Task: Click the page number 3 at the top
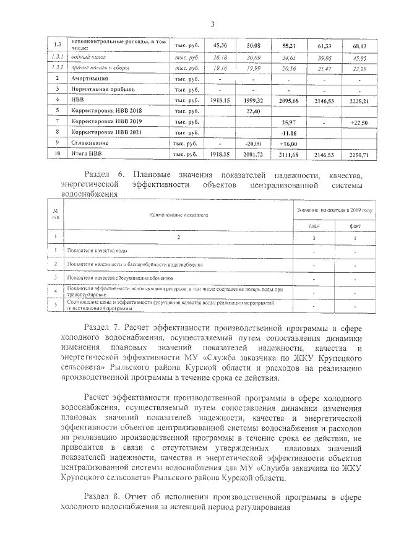click(212, 24)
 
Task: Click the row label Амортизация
click(90, 79)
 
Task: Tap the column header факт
click(355, 225)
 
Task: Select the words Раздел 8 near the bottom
click(100, 497)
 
